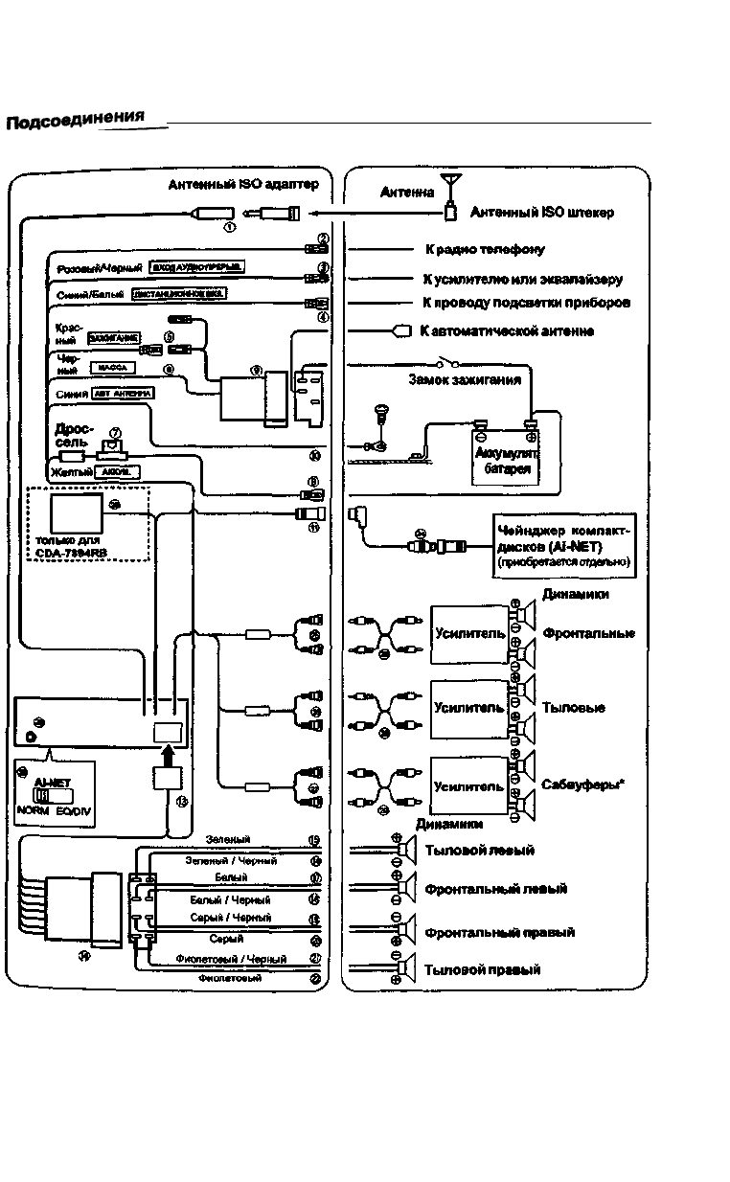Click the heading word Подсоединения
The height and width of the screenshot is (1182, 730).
tap(75, 120)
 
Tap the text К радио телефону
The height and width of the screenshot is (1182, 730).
tap(485, 250)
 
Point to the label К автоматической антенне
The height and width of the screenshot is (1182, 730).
tap(507, 331)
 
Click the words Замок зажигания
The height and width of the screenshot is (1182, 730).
tap(465, 379)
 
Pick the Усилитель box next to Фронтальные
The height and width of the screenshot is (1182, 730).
tap(469, 633)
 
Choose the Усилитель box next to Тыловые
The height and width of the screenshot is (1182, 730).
tap(469, 708)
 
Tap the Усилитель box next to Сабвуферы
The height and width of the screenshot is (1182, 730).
tap(469, 786)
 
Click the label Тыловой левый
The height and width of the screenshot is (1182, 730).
tap(479, 851)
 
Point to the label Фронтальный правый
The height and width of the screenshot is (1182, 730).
tap(500, 932)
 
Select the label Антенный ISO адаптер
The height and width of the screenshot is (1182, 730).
tap(242, 185)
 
